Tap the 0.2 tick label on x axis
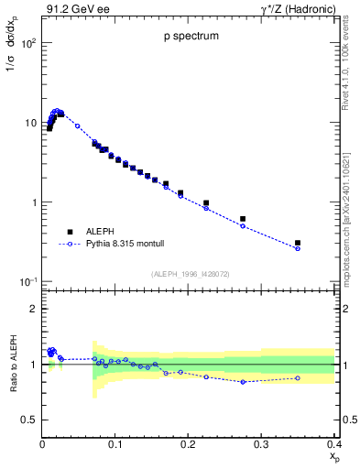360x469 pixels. [188, 443]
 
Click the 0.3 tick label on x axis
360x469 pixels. [261, 443]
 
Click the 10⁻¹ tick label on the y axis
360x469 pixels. [27, 281]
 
